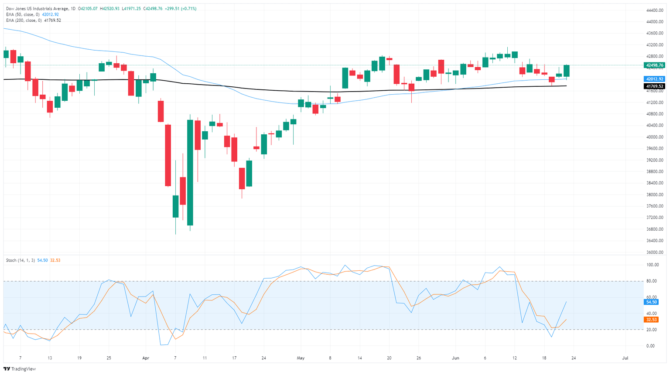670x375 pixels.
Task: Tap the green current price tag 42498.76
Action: point(654,65)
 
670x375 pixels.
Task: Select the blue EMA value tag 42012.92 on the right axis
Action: point(654,79)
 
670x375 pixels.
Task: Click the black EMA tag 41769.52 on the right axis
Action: point(654,86)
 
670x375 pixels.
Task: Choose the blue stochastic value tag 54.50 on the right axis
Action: point(651,302)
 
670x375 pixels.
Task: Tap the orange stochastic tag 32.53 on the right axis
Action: point(651,320)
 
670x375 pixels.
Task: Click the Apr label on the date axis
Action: point(146,358)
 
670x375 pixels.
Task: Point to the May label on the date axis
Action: point(301,358)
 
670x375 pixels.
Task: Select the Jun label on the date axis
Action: point(455,358)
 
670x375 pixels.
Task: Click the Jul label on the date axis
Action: point(625,358)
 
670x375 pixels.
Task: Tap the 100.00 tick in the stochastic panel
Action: point(653,265)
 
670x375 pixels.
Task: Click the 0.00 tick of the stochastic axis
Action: point(650,346)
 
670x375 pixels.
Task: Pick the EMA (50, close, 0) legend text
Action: point(23,14)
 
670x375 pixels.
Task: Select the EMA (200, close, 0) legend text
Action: point(24,20)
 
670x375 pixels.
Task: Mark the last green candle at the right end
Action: point(566,71)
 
